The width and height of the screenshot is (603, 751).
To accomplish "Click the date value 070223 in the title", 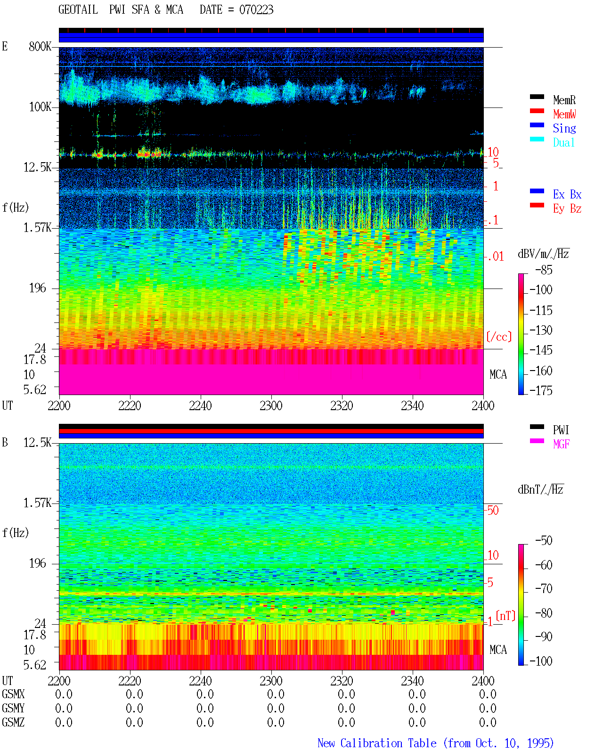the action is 256,10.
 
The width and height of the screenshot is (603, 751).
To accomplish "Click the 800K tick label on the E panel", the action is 40,46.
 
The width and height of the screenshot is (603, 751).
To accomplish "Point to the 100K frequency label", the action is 40,107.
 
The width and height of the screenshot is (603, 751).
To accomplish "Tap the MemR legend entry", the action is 564,100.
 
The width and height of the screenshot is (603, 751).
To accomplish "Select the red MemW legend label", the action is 564,114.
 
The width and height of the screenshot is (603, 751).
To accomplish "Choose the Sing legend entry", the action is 564,128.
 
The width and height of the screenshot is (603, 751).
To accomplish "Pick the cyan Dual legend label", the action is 563,142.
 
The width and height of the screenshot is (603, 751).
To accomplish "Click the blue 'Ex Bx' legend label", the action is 567,194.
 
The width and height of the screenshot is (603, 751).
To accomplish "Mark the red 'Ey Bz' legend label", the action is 567,209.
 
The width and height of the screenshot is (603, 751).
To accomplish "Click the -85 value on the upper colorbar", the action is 544,270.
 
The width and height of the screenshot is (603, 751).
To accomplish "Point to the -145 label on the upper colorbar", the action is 541,350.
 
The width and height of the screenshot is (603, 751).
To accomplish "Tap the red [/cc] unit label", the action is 499,337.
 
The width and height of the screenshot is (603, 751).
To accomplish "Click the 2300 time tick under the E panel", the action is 271,406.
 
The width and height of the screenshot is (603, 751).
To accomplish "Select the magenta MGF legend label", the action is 561,444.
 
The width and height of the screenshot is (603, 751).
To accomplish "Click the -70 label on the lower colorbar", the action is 544,589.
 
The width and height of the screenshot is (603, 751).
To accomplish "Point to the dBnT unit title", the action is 540,490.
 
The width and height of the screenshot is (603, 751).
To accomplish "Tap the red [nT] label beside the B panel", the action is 505,616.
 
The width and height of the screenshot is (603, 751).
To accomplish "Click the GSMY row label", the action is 13,708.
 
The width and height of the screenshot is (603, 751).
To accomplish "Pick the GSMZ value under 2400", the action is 488,722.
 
